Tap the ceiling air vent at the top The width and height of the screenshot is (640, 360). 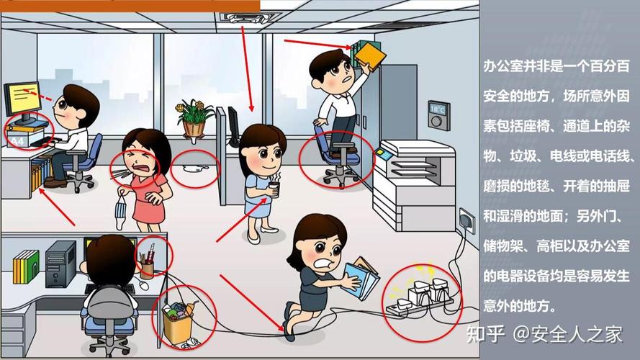[238, 15]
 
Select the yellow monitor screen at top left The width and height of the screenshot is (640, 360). [22, 96]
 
